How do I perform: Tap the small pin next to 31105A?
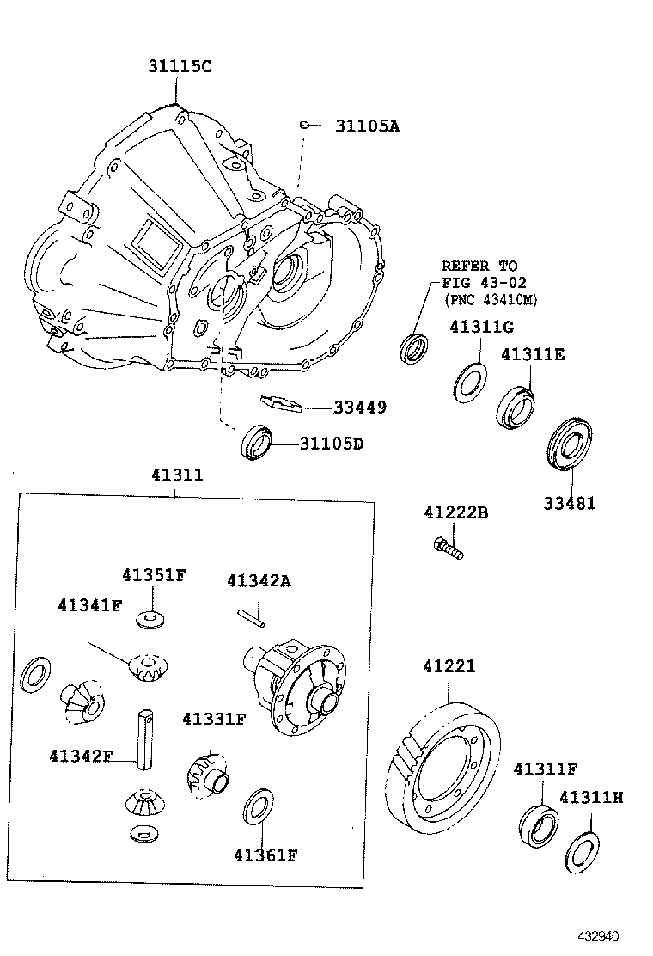coord(304,126)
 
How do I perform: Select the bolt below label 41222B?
coord(449,548)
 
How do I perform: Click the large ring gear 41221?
coord(447,766)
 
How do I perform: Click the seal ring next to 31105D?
coord(257,442)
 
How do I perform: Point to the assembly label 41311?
coord(177,474)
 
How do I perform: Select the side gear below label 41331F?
coord(206,775)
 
